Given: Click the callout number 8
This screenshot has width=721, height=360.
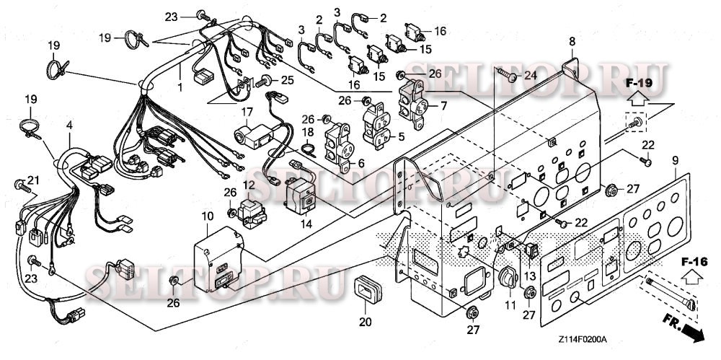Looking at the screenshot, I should pyautogui.click(x=572, y=42).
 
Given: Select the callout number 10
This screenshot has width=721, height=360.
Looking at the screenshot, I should pyautogui.click(x=206, y=216).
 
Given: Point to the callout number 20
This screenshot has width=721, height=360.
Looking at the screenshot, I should pyautogui.click(x=366, y=322).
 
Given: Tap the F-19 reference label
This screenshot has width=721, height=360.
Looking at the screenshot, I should pyautogui.click(x=637, y=83).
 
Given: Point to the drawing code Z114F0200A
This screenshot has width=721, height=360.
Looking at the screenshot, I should pyautogui.click(x=582, y=339).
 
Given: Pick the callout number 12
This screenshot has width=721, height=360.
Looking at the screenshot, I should pyautogui.click(x=249, y=185).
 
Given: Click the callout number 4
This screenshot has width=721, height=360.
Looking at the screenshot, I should pyautogui.click(x=69, y=126).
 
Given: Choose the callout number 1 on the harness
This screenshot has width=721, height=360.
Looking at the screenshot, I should pyautogui.click(x=180, y=87).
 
